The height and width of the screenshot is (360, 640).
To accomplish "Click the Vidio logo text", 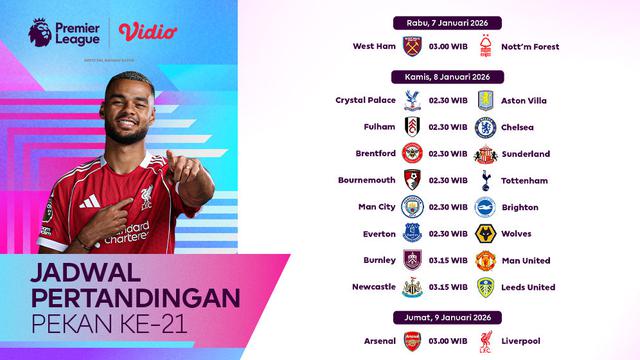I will [x=147, y=32].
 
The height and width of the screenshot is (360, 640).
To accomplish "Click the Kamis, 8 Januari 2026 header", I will [x=447, y=76].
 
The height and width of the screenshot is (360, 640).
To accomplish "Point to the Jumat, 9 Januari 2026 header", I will [x=447, y=320].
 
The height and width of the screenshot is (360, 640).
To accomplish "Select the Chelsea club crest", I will [x=485, y=127].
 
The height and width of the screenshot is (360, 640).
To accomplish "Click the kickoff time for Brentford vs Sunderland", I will [x=448, y=154].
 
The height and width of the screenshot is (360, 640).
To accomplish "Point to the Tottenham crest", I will [x=485, y=181].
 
